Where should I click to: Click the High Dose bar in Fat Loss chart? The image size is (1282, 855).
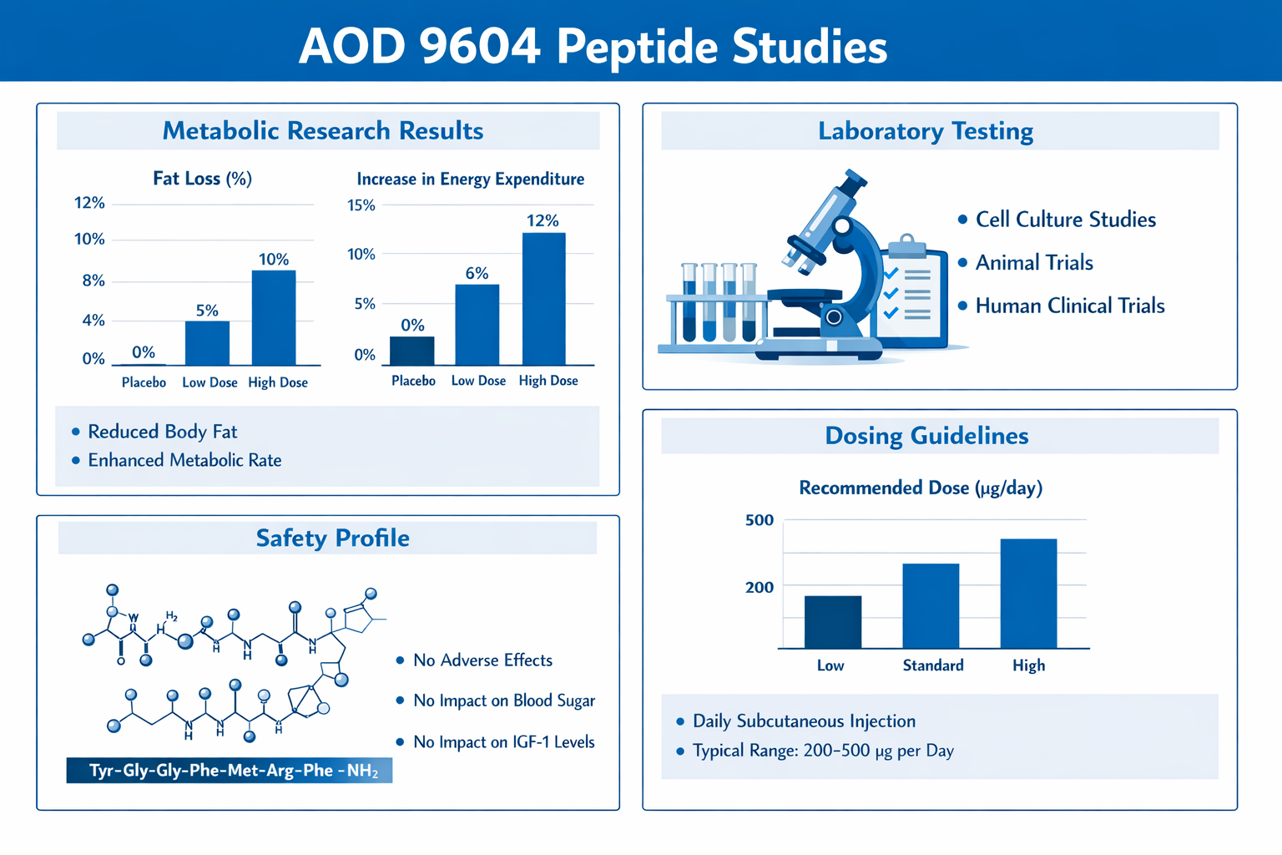coord(274,318)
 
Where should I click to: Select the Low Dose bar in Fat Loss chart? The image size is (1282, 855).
coord(207,343)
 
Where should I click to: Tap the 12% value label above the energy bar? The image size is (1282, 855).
coord(543,220)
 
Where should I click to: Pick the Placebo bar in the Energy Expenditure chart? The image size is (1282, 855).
coord(412,351)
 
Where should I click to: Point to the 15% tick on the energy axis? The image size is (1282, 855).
coord(361,205)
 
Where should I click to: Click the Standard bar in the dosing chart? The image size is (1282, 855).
coord(931,606)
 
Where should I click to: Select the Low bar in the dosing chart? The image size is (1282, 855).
coord(832,622)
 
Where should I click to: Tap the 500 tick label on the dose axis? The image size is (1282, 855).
coord(760,520)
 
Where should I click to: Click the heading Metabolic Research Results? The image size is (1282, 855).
coord(323,131)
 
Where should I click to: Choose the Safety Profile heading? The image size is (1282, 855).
coord(332,539)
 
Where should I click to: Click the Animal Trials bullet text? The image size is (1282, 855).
coord(1034,263)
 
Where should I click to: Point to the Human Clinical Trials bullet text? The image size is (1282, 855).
coord(1069,306)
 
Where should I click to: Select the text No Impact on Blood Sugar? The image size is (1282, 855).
coord(504,701)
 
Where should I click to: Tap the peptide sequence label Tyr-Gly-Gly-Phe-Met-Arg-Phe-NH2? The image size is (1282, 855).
coord(230,770)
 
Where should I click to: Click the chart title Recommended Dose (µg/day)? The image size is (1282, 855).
coord(921,488)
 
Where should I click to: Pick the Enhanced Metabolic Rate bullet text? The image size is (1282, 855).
coord(184,460)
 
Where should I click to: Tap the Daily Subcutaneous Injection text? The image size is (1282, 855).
coord(804,721)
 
